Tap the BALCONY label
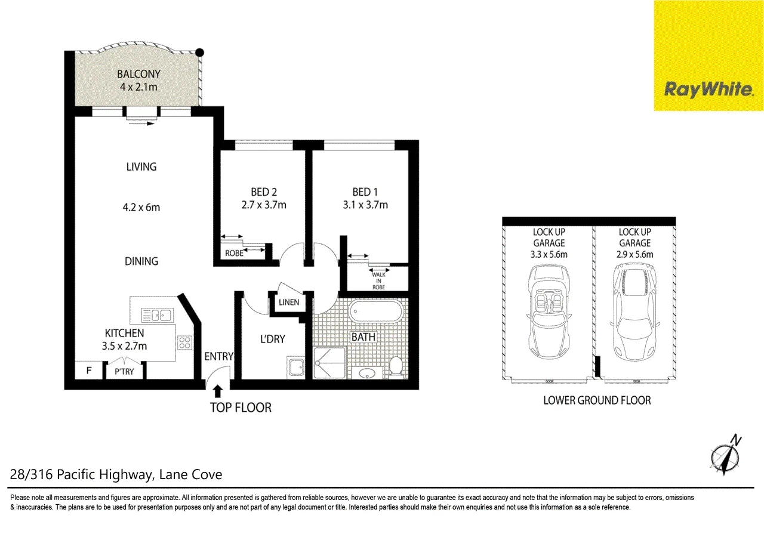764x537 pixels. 138,74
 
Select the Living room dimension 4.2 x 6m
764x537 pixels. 141,207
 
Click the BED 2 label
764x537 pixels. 264,192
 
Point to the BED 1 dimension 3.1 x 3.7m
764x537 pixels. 365,205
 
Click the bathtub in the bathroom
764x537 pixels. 375,311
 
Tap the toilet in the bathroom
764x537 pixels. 396,367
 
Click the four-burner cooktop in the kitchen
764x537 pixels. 184,342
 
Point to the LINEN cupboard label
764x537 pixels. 289,302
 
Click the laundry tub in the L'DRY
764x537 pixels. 295,367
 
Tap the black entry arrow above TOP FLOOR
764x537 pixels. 218,391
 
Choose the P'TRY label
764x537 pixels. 124,371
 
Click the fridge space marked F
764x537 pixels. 89,371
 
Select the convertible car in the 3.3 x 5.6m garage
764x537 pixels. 549,312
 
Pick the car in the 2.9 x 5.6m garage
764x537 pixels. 634,313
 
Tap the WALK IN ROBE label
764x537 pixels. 378,281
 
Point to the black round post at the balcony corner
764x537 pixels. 200,53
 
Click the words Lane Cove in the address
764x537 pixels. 190,474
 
